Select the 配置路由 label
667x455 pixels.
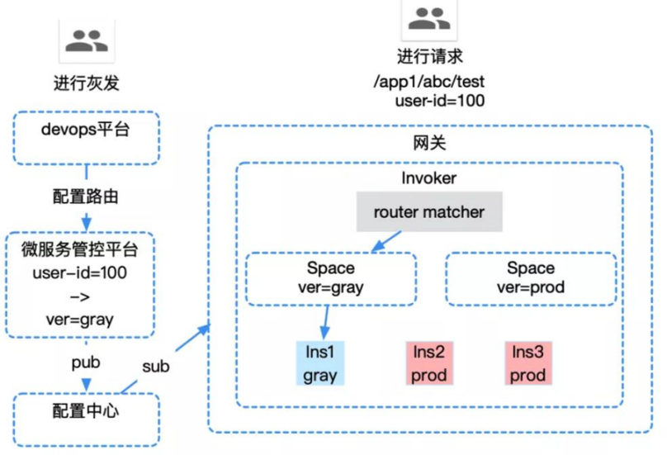[x=86, y=198]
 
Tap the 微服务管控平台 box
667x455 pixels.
[x=80, y=284]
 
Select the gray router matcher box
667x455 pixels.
[x=428, y=212]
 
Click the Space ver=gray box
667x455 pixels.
[x=330, y=278]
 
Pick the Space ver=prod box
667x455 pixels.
[x=531, y=278]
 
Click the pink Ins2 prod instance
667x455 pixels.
[x=429, y=363]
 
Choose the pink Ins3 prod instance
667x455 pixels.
[x=527, y=363]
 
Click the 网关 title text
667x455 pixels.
[x=428, y=143]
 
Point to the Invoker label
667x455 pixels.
[x=428, y=178]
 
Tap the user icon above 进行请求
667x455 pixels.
[x=428, y=18]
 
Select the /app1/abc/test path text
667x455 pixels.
[x=428, y=80]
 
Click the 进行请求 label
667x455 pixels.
[x=428, y=58]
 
